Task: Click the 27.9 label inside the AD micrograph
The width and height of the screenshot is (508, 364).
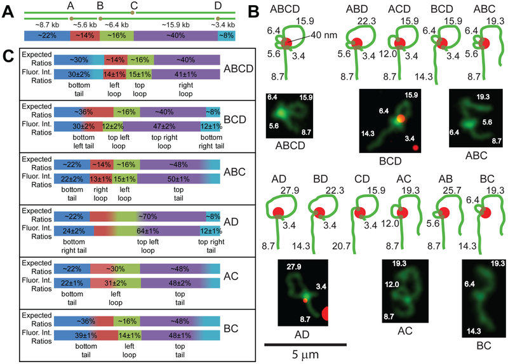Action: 294,267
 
